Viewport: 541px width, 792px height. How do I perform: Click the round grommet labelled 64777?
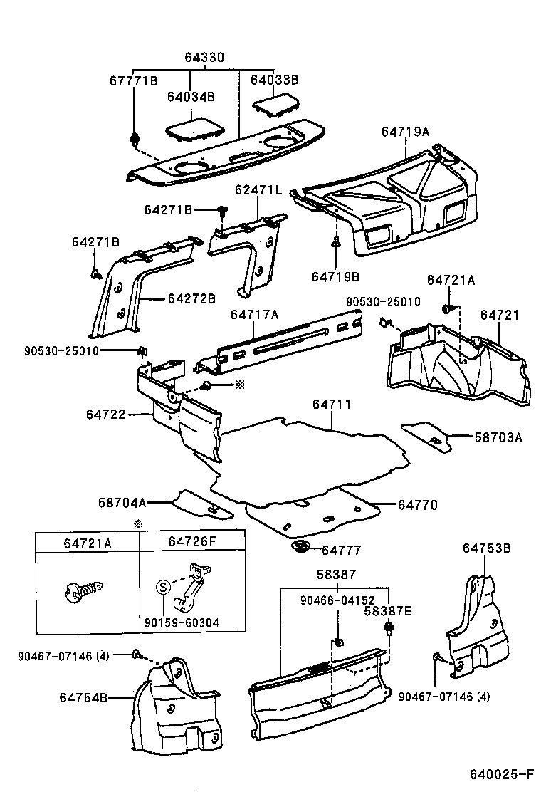[x=300, y=548]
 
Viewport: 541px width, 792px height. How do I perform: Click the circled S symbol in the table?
[x=162, y=588]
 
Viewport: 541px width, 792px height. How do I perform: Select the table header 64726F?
[x=191, y=543]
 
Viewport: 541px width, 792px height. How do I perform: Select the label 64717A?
[x=254, y=313]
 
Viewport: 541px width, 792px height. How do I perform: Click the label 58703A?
[x=498, y=437]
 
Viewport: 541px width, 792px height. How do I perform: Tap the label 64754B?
[x=83, y=698]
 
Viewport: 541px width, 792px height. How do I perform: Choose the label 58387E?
[x=388, y=610]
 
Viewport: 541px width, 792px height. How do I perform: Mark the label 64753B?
[x=486, y=548]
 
